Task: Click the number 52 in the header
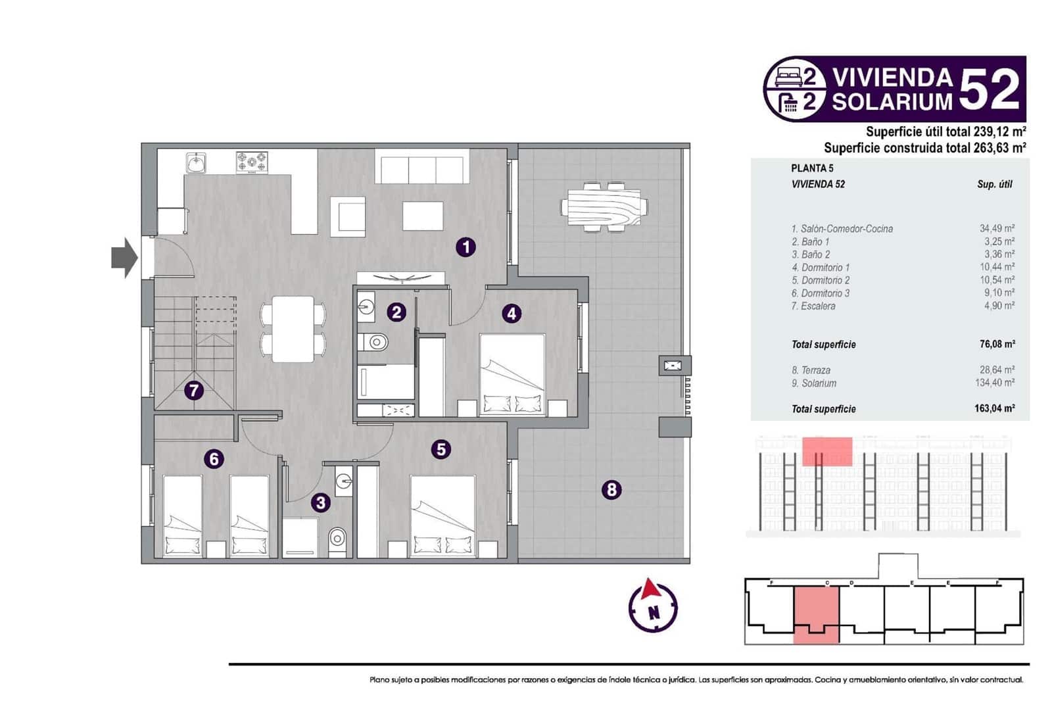(990, 89)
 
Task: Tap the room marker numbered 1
(466, 247)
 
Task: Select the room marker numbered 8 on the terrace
(611, 489)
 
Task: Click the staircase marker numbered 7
(193, 391)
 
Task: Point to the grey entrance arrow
(124, 258)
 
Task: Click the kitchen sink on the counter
(196, 162)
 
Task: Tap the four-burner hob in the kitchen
(252, 162)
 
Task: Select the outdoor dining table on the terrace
(604, 206)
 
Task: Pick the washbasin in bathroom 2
(366, 307)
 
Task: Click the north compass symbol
(652, 606)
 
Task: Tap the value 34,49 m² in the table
(997, 229)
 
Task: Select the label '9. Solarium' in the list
(814, 383)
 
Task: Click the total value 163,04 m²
(994, 408)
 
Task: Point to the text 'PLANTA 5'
(812, 168)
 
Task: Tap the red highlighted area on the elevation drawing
(827, 451)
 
